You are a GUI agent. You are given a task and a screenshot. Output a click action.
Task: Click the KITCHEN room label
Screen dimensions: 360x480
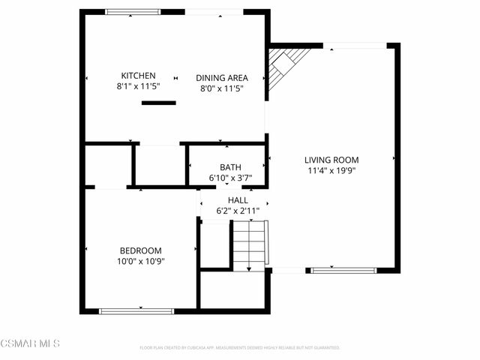tap(139, 76)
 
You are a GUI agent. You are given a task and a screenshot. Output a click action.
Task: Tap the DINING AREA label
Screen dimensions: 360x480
tap(222, 77)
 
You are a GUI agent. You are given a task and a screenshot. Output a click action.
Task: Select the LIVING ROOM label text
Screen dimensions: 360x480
tap(331, 160)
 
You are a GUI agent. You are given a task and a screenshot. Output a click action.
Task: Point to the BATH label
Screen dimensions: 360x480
tap(230, 167)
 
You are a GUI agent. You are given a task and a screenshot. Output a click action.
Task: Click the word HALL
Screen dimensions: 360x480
tap(238, 200)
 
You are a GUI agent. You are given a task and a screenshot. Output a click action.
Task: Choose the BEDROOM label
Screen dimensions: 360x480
tap(141, 250)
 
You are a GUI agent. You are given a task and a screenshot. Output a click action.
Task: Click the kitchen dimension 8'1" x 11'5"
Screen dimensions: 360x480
tap(139, 87)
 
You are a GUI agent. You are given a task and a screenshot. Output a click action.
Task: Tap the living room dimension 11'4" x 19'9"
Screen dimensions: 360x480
tap(331, 171)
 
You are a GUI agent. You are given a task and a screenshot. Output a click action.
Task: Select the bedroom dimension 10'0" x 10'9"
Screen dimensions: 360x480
tap(141, 262)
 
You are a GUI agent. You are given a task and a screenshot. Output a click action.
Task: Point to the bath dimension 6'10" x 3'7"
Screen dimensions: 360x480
tap(230, 178)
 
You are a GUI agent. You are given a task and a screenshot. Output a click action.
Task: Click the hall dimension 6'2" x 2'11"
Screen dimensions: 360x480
tap(238, 211)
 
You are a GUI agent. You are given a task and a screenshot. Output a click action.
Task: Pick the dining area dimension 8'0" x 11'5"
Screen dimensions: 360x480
tap(222, 88)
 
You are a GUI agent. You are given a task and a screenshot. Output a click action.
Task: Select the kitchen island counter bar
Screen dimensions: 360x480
tap(158, 103)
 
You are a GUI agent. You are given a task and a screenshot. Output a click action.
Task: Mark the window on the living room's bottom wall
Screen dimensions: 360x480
tap(343, 270)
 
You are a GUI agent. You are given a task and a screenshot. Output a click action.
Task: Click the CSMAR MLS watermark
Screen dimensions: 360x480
tap(30, 343)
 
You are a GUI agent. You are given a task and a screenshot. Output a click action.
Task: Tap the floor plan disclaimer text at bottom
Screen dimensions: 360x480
tap(240, 348)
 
